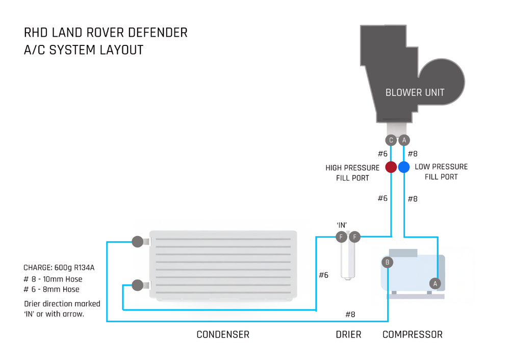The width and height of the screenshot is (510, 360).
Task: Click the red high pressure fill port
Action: (x=391, y=167)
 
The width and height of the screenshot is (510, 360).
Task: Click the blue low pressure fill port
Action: (x=404, y=167)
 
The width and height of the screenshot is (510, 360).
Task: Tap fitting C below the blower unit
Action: (x=391, y=140)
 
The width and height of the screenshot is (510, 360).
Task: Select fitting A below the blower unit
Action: (x=404, y=140)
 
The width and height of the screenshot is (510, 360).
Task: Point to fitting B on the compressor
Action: (x=388, y=263)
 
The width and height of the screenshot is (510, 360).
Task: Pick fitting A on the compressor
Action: (x=435, y=283)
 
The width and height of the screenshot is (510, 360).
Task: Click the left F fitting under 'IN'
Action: (x=342, y=237)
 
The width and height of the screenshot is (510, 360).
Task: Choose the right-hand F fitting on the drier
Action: (x=354, y=237)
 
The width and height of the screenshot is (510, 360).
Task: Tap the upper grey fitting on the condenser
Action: (x=137, y=242)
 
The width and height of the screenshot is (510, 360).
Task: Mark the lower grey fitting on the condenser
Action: (x=137, y=285)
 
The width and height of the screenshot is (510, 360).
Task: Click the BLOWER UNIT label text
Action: (x=415, y=93)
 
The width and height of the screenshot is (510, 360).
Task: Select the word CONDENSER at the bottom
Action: (x=223, y=335)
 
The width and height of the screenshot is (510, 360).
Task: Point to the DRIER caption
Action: (x=348, y=335)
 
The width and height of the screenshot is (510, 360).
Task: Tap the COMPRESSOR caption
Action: (x=412, y=335)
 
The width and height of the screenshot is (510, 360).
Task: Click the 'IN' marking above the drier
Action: (x=342, y=225)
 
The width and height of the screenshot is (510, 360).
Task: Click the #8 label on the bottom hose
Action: (x=350, y=314)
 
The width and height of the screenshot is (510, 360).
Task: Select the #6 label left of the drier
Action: (x=323, y=275)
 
